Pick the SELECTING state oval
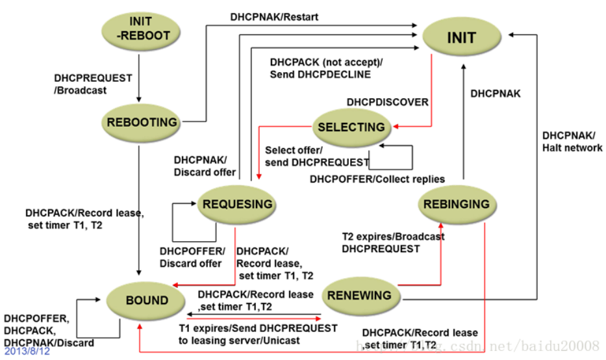351,127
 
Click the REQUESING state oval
237,204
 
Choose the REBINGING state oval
457,204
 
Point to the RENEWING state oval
359,295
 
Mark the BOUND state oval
147,300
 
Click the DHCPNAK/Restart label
274,17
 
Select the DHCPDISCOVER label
387,102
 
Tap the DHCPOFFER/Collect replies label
377,179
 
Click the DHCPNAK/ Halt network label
572,142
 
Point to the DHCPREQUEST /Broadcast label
93,84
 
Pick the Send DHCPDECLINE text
320,74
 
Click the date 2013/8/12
27,352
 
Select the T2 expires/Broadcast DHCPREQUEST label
393,242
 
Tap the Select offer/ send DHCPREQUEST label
317,156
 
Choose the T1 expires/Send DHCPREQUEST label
258,334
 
